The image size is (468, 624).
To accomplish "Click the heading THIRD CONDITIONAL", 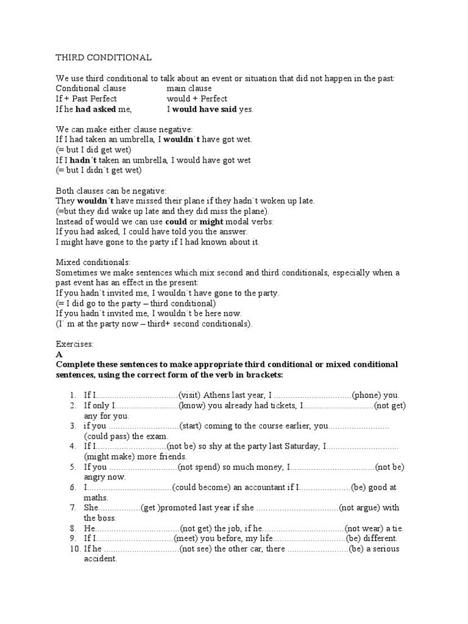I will tap(104, 57).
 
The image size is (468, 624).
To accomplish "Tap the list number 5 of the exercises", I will tap(71, 467).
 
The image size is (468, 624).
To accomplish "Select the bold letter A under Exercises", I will tap(58, 353).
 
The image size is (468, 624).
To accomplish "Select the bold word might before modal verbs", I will tap(212, 221).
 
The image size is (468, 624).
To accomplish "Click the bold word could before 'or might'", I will tap(176, 221).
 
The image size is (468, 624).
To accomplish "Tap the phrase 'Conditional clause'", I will tap(91, 88).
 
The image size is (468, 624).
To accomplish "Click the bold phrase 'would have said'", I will tap(204, 109).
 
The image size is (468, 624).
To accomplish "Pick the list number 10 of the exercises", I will tap(73, 549).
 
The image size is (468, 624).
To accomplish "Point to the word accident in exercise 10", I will tap(100, 559).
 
